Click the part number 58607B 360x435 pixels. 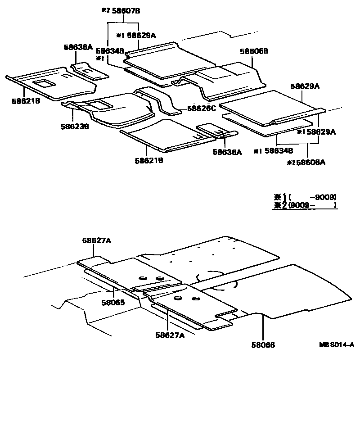point(127,10)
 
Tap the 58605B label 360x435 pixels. point(254,52)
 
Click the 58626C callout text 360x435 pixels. point(202,109)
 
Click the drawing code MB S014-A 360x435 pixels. point(337,345)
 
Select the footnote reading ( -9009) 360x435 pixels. point(312,197)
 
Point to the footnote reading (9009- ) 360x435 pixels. point(312,205)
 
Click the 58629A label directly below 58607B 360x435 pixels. point(141,35)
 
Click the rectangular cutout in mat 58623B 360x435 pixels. point(98,105)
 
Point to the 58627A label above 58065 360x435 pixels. point(96,241)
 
